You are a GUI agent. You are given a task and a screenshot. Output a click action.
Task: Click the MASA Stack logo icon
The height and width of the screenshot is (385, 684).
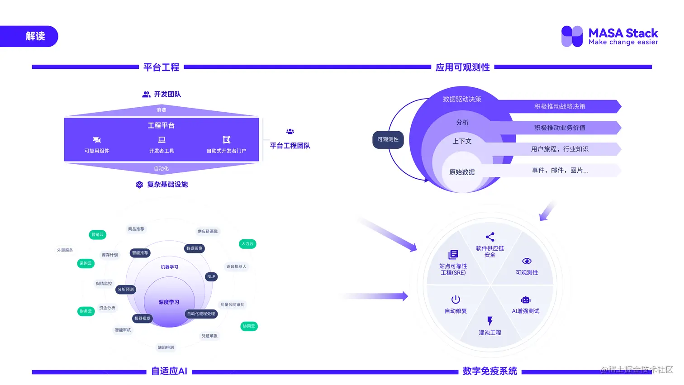(x=572, y=36)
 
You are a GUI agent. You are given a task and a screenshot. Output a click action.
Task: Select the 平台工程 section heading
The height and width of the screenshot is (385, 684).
(x=161, y=67)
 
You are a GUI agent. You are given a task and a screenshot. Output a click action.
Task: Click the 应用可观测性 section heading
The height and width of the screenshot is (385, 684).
(x=462, y=67)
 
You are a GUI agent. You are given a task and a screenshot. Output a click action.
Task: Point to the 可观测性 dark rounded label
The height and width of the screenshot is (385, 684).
(x=388, y=139)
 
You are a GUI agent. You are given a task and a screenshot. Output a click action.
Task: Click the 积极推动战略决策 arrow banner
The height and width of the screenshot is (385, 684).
(x=560, y=106)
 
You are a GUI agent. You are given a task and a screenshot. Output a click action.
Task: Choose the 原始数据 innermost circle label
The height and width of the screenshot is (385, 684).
(x=462, y=172)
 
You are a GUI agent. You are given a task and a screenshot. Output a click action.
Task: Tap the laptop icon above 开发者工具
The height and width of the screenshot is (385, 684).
(x=161, y=140)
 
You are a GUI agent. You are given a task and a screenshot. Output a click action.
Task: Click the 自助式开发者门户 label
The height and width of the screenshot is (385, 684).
(x=226, y=151)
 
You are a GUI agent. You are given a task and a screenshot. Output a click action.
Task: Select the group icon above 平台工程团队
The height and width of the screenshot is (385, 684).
(x=290, y=132)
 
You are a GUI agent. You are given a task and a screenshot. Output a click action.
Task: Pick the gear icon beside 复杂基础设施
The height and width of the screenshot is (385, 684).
(x=139, y=185)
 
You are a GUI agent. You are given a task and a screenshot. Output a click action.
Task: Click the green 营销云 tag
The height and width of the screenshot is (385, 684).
(x=97, y=234)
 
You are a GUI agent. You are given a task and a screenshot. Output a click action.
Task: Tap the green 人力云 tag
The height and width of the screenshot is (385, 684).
(x=247, y=243)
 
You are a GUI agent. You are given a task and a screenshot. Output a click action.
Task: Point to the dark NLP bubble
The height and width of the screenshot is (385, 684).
(x=211, y=276)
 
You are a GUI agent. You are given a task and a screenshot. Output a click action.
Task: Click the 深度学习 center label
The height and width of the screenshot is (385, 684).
(x=169, y=302)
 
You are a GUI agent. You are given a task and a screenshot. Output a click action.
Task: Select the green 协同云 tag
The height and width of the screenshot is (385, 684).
(x=249, y=326)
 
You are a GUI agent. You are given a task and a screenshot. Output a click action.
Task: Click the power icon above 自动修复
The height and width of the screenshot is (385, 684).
(x=456, y=299)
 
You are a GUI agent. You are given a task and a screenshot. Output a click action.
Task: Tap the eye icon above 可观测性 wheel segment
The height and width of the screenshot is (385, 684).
(x=527, y=261)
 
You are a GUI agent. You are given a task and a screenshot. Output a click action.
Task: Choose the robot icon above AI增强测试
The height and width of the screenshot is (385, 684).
(x=526, y=300)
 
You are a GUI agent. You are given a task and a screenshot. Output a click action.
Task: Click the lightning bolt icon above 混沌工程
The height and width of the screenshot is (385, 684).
(x=490, y=321)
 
